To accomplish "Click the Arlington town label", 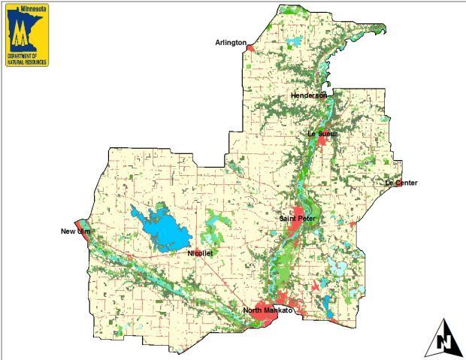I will pyautogui.click(x=231, y=43).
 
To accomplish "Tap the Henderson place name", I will pyautogui.click(x=309, y=96).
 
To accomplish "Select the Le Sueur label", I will pyautogui.click(x=322, y=134).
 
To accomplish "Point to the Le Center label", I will pyautogui.click(x=401, y=183).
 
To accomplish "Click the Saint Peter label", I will pyautogui.click(x=297, y=219).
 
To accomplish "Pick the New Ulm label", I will pyautogui.click(x=75, y=231).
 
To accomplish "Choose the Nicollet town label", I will pyautogui.click(x=201, y=254).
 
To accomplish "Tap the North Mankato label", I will pyautogui.click(x=267, y=310).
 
